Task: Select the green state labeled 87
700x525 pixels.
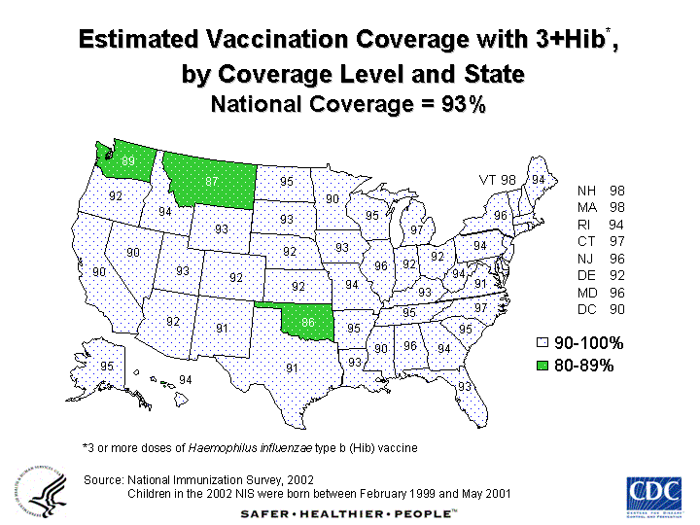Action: pyautogui.click(x=211, y=182)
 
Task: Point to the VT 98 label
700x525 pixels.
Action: pyautogui.click(x=497, y=180)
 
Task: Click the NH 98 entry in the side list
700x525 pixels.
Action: pyautogui.click(x=601, y=191)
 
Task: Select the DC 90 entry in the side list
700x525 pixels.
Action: pyautogui.click(x=601, y=309)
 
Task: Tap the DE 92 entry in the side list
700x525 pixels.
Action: pyautogui.click(x=601, y=275)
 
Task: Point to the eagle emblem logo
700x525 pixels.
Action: pyautogui.click(x=42, y=493)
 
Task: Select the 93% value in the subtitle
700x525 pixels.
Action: pyautogui.click(x=463, y=105)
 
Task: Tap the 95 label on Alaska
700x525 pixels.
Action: pyautogui.click(x=107, y=367)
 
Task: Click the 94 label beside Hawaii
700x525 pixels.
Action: pyautogui.click(x=185, y=379)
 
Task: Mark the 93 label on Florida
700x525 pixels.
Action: pyautogui.click(x=464, y=387)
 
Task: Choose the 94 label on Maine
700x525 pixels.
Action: pyautogui.click(x=538, y=179)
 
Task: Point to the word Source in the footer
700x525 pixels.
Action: pyautogui.click(x=103, y=479)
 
